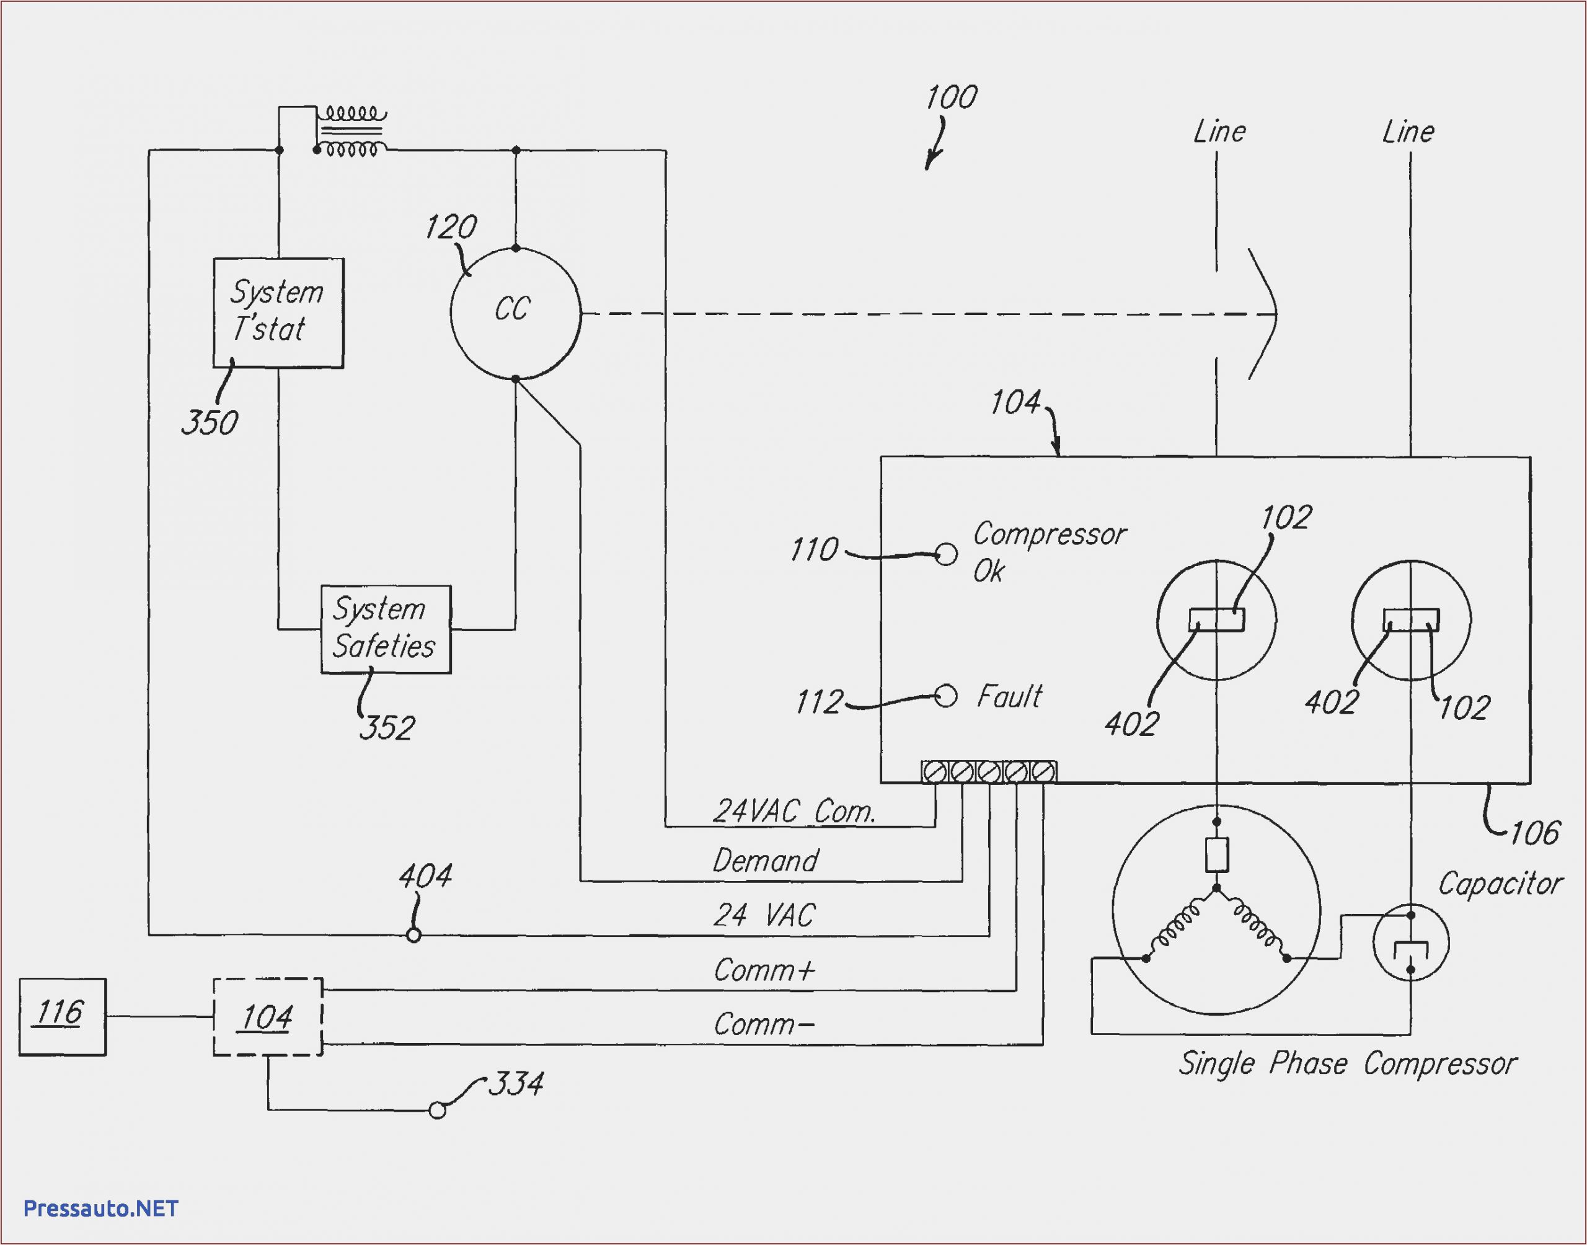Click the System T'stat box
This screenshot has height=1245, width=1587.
[x=278, y=312]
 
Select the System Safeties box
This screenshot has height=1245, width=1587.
[x=386, y=629]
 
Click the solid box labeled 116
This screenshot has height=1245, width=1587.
[x=62, y=1016]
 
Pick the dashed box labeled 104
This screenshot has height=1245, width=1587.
[x=267, y=1016]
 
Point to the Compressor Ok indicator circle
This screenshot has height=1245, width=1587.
[x=946, y=554]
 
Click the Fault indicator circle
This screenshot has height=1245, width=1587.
[x=945, y=696]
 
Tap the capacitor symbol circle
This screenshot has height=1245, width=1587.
[x=1411, y=942]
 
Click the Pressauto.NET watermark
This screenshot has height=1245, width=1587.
[x=100, y=1208]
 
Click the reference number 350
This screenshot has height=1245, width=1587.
[x=209, y=423]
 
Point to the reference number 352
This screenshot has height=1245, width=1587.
[x=387, y=727]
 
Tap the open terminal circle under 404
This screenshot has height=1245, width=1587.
[x=413, y=934]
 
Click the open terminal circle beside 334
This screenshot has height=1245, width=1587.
[x=437, y=1110]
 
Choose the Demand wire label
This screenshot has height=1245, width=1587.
[x=765, y=861]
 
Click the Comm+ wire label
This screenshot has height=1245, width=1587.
[x=764, y=970]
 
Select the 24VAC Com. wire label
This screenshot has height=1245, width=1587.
[x=793, y=811]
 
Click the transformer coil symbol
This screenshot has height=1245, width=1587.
[x=352, y=132]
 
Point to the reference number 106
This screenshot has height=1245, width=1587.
[x=1534, y=833]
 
